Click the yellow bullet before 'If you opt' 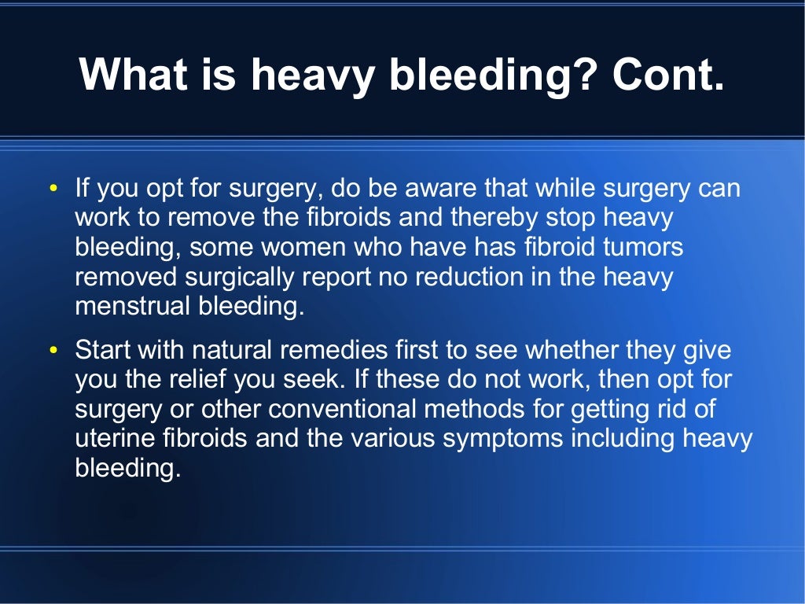click(x=53, y=189)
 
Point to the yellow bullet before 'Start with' click(x=53, y=350)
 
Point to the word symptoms click(x=503, y=439)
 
